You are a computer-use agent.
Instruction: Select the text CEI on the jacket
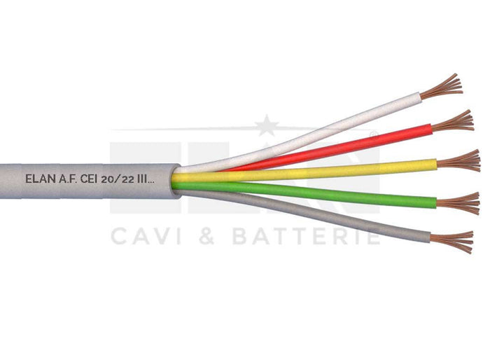(x=89, y=179)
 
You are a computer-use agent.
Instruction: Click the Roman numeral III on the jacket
(x=142, y=179)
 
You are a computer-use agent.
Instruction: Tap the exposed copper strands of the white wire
(x=441, y=86)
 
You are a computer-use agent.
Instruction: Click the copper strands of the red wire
(x=453, y=121)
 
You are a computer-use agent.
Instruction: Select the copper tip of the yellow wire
(x=458, y=161)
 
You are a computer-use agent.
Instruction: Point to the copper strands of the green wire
(x=458, y=204)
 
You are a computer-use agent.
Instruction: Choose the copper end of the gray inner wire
(x=451, y=242)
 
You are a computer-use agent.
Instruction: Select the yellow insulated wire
(x=304, y=171)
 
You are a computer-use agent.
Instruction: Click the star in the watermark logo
(x=266, y=126)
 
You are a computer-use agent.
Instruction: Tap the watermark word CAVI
(x=146, y=237)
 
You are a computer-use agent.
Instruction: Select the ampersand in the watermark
(x=206, y=237)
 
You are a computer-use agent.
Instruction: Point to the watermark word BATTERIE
(x=306, y=237)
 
